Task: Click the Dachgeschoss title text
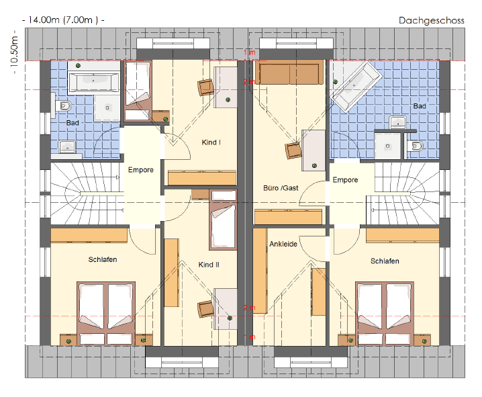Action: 431,21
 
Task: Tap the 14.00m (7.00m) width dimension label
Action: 63,20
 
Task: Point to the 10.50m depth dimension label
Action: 15,52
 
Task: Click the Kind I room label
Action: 211,142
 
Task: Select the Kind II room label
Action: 209,265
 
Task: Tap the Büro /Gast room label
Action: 281,188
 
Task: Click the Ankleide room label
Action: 283,244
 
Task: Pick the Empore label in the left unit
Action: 141,170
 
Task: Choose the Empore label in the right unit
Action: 345,179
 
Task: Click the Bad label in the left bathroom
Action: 73,123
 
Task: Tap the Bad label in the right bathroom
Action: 420,105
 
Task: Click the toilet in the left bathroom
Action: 63,106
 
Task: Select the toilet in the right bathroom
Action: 416,146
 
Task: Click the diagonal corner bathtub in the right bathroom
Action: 356,87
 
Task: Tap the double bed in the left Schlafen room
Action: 106,313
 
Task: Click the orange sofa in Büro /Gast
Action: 289,72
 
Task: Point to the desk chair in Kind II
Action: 206,308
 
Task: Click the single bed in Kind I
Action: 138,91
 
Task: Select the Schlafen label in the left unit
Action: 103,259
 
